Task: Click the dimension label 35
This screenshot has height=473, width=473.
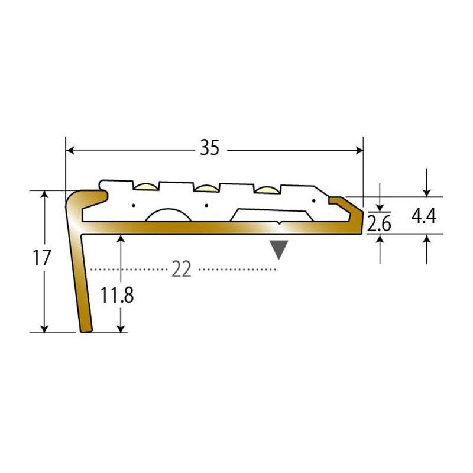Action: [210, 148]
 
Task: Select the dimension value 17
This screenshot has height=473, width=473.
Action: [41, 258]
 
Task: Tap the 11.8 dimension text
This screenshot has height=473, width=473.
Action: [117, 295]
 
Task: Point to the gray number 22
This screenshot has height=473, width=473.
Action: [182, 270]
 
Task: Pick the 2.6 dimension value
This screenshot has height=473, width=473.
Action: [379, 223]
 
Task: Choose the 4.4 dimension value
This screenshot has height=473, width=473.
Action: [424, 216]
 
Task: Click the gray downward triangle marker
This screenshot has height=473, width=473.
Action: [278, 250]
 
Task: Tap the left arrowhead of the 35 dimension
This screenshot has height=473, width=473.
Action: [70, 150]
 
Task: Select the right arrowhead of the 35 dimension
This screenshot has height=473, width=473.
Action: [359, 150]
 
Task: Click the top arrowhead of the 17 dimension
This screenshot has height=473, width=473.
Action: [44, 195]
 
